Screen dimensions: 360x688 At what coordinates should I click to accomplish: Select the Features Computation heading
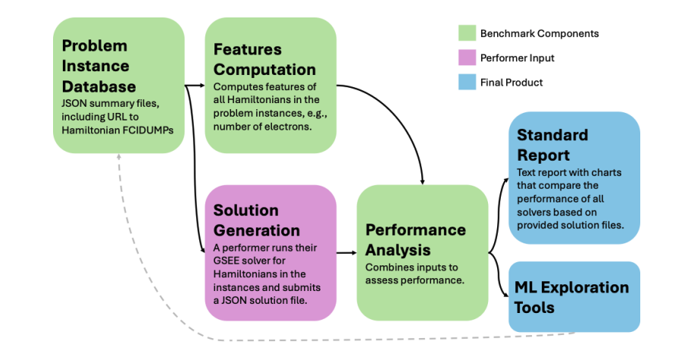(x=264, y=59)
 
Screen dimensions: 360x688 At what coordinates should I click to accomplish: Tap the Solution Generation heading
(x=256, y=220)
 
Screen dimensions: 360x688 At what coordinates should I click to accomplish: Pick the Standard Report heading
(x=552, y=145)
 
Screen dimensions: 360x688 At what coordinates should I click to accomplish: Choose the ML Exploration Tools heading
(x=572, y=297)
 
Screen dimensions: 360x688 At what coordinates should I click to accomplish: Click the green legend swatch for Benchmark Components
(x=467, y=33)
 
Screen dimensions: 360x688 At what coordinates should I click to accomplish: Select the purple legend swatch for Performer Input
(x=467, y=58)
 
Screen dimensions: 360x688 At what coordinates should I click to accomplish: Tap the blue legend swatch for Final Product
(x=467, y=82)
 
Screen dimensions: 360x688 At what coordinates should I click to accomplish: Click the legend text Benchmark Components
(x=539, y=33)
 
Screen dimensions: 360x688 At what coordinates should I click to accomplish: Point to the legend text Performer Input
(x=517, y=58)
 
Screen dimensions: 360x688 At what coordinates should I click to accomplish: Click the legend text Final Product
(x=511, y=82)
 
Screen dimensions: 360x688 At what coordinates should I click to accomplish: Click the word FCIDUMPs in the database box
(x=149, y=128)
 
